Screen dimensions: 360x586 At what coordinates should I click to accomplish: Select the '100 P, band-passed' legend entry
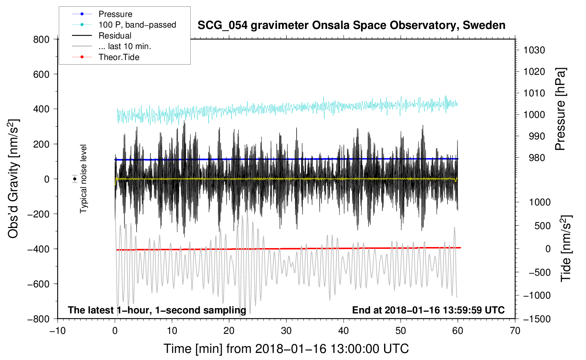coord(137,25)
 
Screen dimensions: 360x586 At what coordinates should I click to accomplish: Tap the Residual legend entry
coord(115,36)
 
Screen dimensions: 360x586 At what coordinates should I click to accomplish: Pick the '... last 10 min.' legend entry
coord(125,46)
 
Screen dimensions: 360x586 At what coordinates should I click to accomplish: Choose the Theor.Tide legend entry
coord(119,57)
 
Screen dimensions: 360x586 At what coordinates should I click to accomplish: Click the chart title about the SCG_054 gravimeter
coord(351,25)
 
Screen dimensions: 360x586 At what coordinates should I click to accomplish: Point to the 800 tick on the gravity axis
coord(41,40)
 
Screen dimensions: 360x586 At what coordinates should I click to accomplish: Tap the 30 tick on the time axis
coord(286,331)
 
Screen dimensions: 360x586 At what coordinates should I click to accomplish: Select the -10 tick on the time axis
coord(58,331)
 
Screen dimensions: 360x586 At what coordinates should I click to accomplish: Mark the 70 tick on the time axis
coord(515,331)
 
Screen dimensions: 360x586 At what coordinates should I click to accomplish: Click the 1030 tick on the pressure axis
coord(534,50)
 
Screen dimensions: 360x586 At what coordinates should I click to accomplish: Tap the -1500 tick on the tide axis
coord(537,319)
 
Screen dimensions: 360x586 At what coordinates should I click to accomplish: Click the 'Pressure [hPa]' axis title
coord(560,109)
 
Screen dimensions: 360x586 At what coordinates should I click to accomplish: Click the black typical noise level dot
coord(74,179)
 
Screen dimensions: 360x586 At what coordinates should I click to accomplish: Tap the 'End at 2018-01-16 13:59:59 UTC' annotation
coord(428,310)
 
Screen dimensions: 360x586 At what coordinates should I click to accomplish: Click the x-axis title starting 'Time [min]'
coord(286,349)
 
